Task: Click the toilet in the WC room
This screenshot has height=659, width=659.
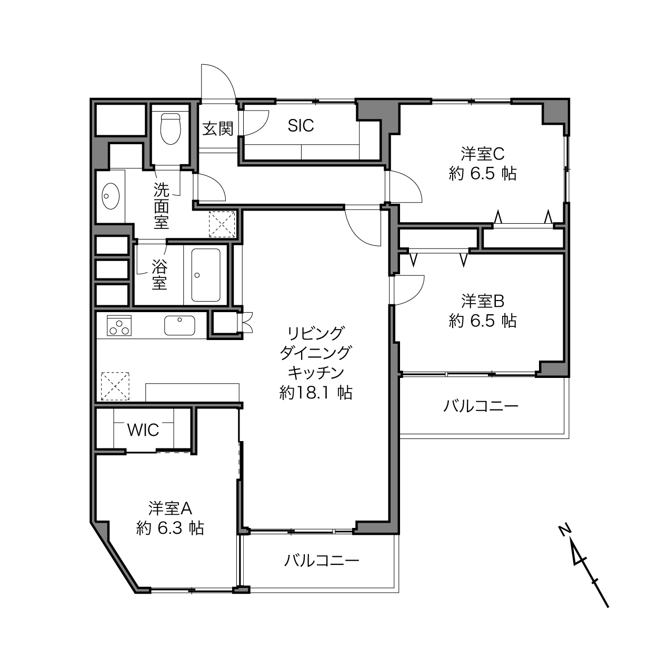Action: coord(171,129)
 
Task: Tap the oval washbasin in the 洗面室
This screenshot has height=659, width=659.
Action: coord(111,196)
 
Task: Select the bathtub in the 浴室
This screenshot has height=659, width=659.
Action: coord(205,275)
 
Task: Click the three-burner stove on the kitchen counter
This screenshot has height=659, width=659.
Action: coord(119,326)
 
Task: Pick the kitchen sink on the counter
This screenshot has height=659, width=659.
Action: coord(179,325)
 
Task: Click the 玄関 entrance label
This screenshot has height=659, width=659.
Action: coord(218,129)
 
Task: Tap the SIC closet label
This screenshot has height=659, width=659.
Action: coord(301,125)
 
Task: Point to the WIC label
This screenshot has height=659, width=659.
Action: coord(143,430)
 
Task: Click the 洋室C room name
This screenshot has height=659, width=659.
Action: coord(482,154)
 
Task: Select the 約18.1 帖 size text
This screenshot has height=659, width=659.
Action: coord(316,393)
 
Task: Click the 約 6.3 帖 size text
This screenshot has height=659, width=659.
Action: coord(170,528)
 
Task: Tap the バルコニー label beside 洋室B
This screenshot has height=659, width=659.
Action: coord(481,406)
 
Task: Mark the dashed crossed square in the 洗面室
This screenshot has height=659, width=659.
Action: coord(222,224)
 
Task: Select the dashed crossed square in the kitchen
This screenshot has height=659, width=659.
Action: coord(115,386)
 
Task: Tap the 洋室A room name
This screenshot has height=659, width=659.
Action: coord(170,508)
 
